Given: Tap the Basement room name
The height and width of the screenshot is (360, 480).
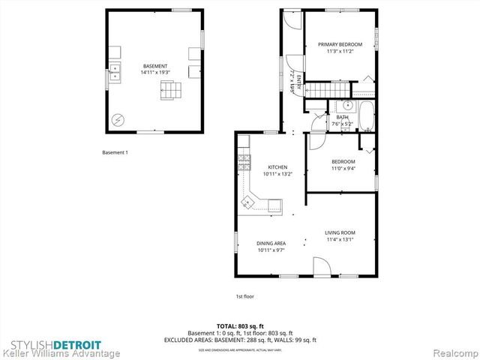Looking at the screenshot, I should click(x=155, y=66).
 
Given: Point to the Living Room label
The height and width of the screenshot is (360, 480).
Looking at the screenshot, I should click(x=340, y=232).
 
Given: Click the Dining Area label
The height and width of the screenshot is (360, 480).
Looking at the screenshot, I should click(x=271, y=244).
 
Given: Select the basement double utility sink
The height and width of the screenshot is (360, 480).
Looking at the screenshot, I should click(x=116, y=73).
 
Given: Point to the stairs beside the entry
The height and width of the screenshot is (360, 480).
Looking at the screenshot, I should click(x=320, y=89).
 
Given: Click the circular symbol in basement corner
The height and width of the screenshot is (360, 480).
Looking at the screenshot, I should click(x=117, y=119).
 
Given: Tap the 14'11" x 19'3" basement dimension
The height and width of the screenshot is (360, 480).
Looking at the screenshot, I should click(x=155, y=73).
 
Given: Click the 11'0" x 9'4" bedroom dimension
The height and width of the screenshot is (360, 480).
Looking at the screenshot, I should click(x=343, y=169).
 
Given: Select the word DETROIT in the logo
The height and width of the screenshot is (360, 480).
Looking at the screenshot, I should click(x=76, y=343).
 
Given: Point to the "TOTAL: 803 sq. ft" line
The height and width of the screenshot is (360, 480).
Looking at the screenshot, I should click(x=240, y=325).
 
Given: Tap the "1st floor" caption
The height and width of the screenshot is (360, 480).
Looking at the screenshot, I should click(x=245, y=296).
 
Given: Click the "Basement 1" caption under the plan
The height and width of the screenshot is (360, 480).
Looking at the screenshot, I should click(x=115, y=153).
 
